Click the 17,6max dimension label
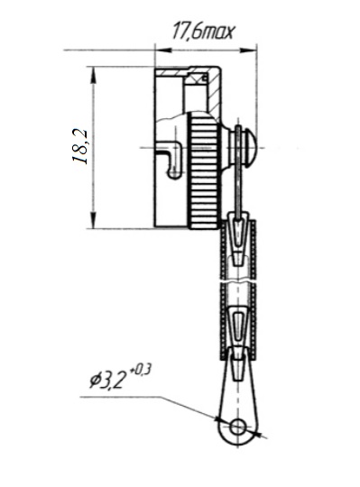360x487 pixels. point(202,31)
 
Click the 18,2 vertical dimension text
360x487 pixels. point(80,146)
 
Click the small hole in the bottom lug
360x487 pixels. point(238,427)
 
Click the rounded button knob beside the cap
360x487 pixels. point(243,148)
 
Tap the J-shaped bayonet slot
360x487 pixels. point(170,161)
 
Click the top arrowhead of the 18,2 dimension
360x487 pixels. point(93,75)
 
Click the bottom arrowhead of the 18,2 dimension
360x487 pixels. point(93,220)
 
